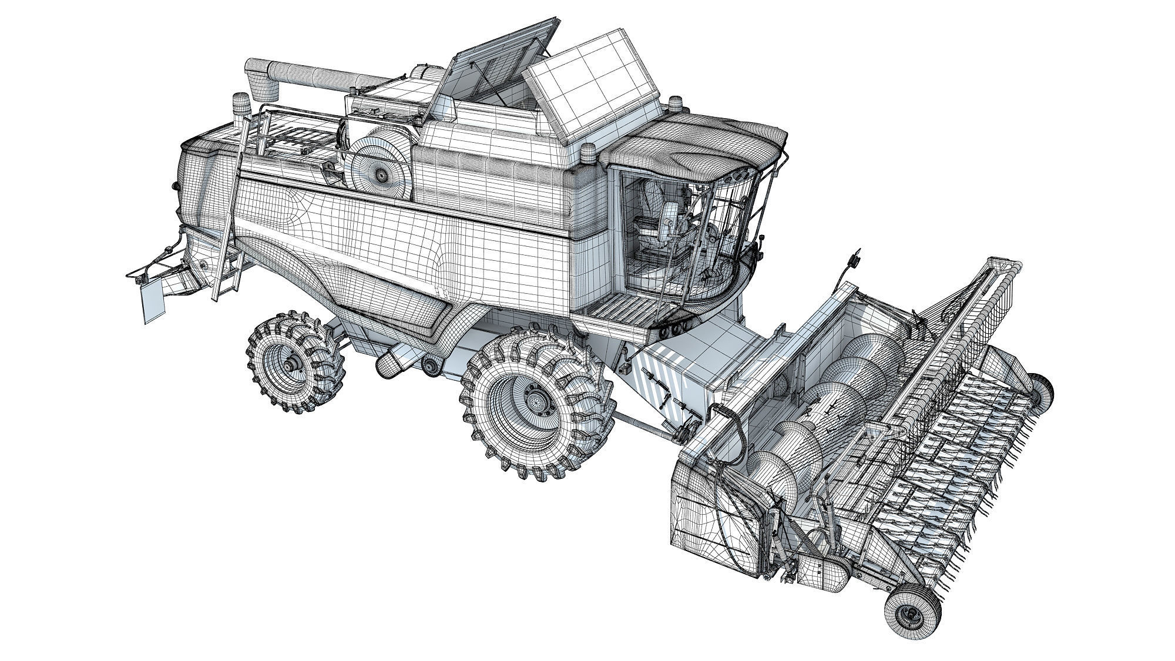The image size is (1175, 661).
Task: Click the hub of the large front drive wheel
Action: (535, 401)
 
